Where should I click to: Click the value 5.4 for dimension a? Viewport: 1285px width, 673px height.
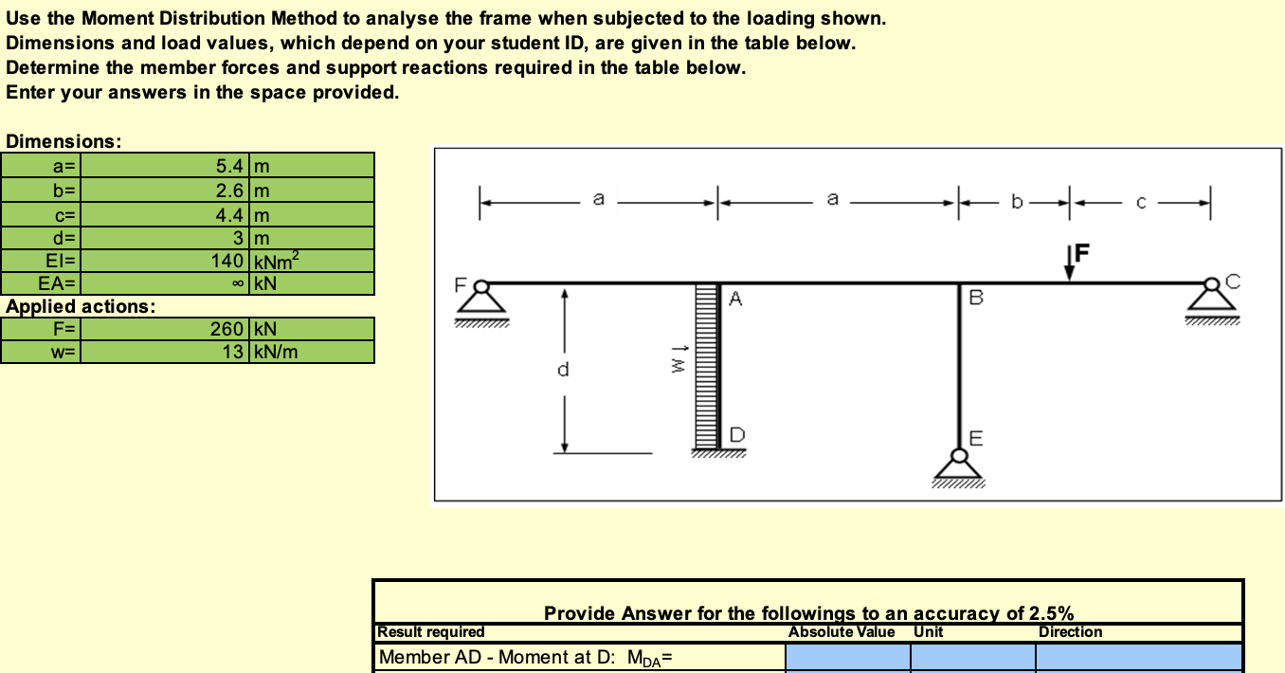pos(229,166)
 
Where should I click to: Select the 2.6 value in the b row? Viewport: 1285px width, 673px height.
pos(229,191)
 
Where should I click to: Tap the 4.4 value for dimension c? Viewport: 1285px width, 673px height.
pos(229,215)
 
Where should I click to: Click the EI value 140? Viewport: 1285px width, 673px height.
pos(227,261)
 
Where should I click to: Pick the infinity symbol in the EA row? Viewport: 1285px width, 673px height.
pos(238,283)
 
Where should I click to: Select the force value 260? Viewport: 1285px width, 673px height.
pos(227,329)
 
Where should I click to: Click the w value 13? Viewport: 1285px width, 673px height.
pos(233,351)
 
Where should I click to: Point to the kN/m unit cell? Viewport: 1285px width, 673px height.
pos(276,351)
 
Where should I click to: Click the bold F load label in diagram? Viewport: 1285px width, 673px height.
pos(1082,252)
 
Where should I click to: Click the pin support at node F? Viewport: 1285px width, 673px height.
pos(481,303)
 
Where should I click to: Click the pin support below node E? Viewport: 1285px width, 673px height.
pos(959,468)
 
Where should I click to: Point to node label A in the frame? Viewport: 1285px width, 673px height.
pos(735,299)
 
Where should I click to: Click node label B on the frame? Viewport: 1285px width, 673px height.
pos(976,298)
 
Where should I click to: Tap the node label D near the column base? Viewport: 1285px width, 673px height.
pos(737,435)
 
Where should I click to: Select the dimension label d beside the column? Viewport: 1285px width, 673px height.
pos(563,369)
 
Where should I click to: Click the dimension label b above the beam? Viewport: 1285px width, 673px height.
pos(1017,201)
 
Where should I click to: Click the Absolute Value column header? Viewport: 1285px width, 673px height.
pos(842,631)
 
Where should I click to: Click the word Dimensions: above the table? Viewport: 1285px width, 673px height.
pos(63,141)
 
